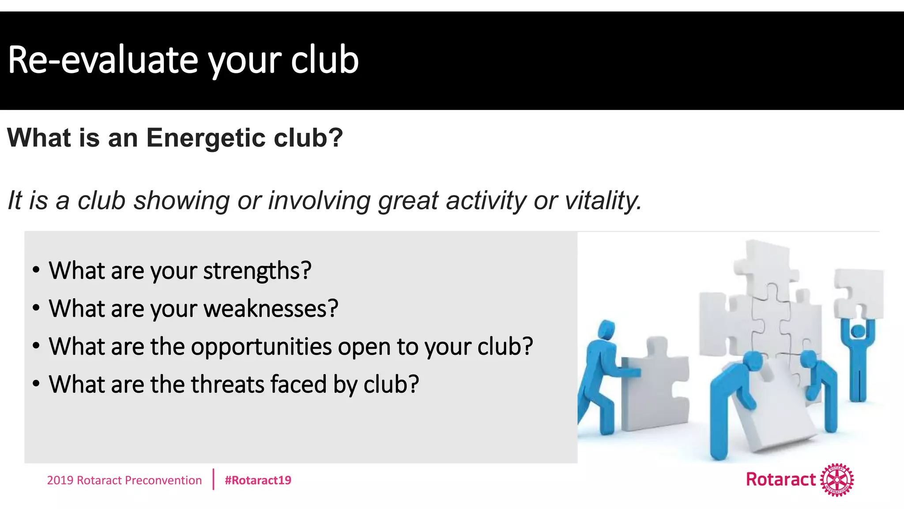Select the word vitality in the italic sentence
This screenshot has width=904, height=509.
pos(603,201)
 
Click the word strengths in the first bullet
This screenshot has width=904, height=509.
pos(257,271)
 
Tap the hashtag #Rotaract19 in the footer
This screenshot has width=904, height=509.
pos(258,480)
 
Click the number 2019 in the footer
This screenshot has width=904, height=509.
pos(60,480)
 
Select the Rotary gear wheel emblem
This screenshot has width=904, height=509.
pos(837,480)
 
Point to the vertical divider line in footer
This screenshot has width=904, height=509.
pos(213,479)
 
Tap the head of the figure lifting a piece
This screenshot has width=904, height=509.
pos(859,330)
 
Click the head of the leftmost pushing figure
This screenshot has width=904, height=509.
pos(607,329)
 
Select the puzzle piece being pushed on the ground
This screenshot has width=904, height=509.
pos(655,384)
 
